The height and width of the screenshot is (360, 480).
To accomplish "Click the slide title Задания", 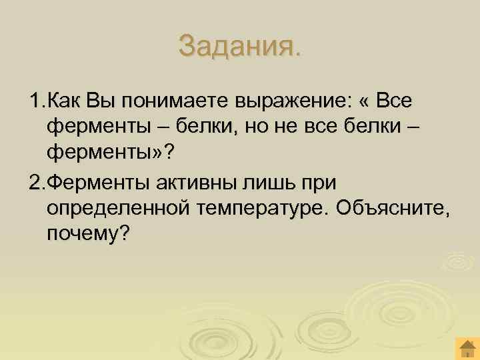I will (x=240, y=46).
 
